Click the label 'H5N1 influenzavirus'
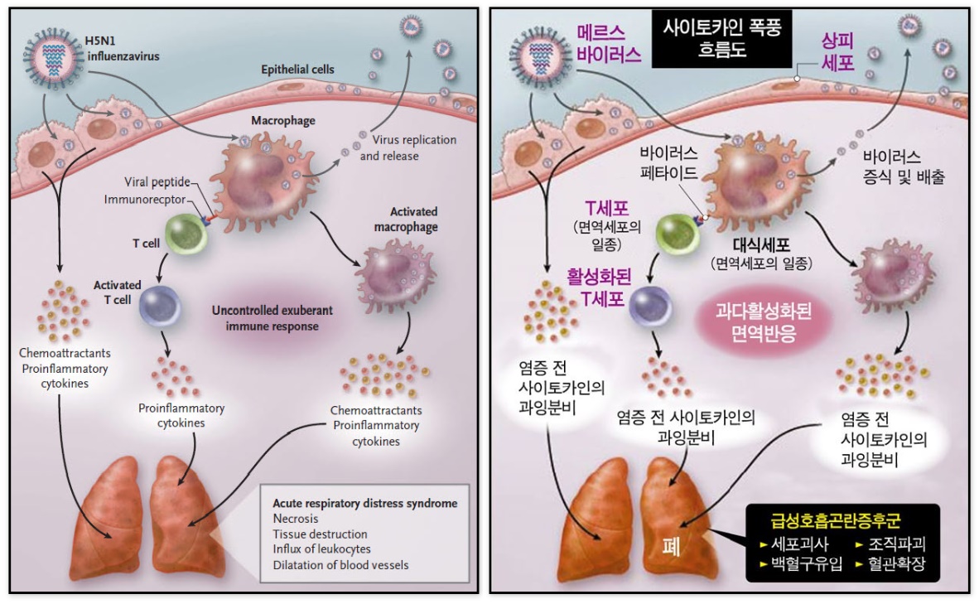(x=121, y=50)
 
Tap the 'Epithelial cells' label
(x=297, y=70)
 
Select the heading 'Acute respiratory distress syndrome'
(x=364, y=503)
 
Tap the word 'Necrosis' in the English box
(x=296, y=519)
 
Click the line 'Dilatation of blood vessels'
(x=340, y=565)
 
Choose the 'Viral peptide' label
(x=157, y=181)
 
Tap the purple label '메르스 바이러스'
(x=610, y=46)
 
